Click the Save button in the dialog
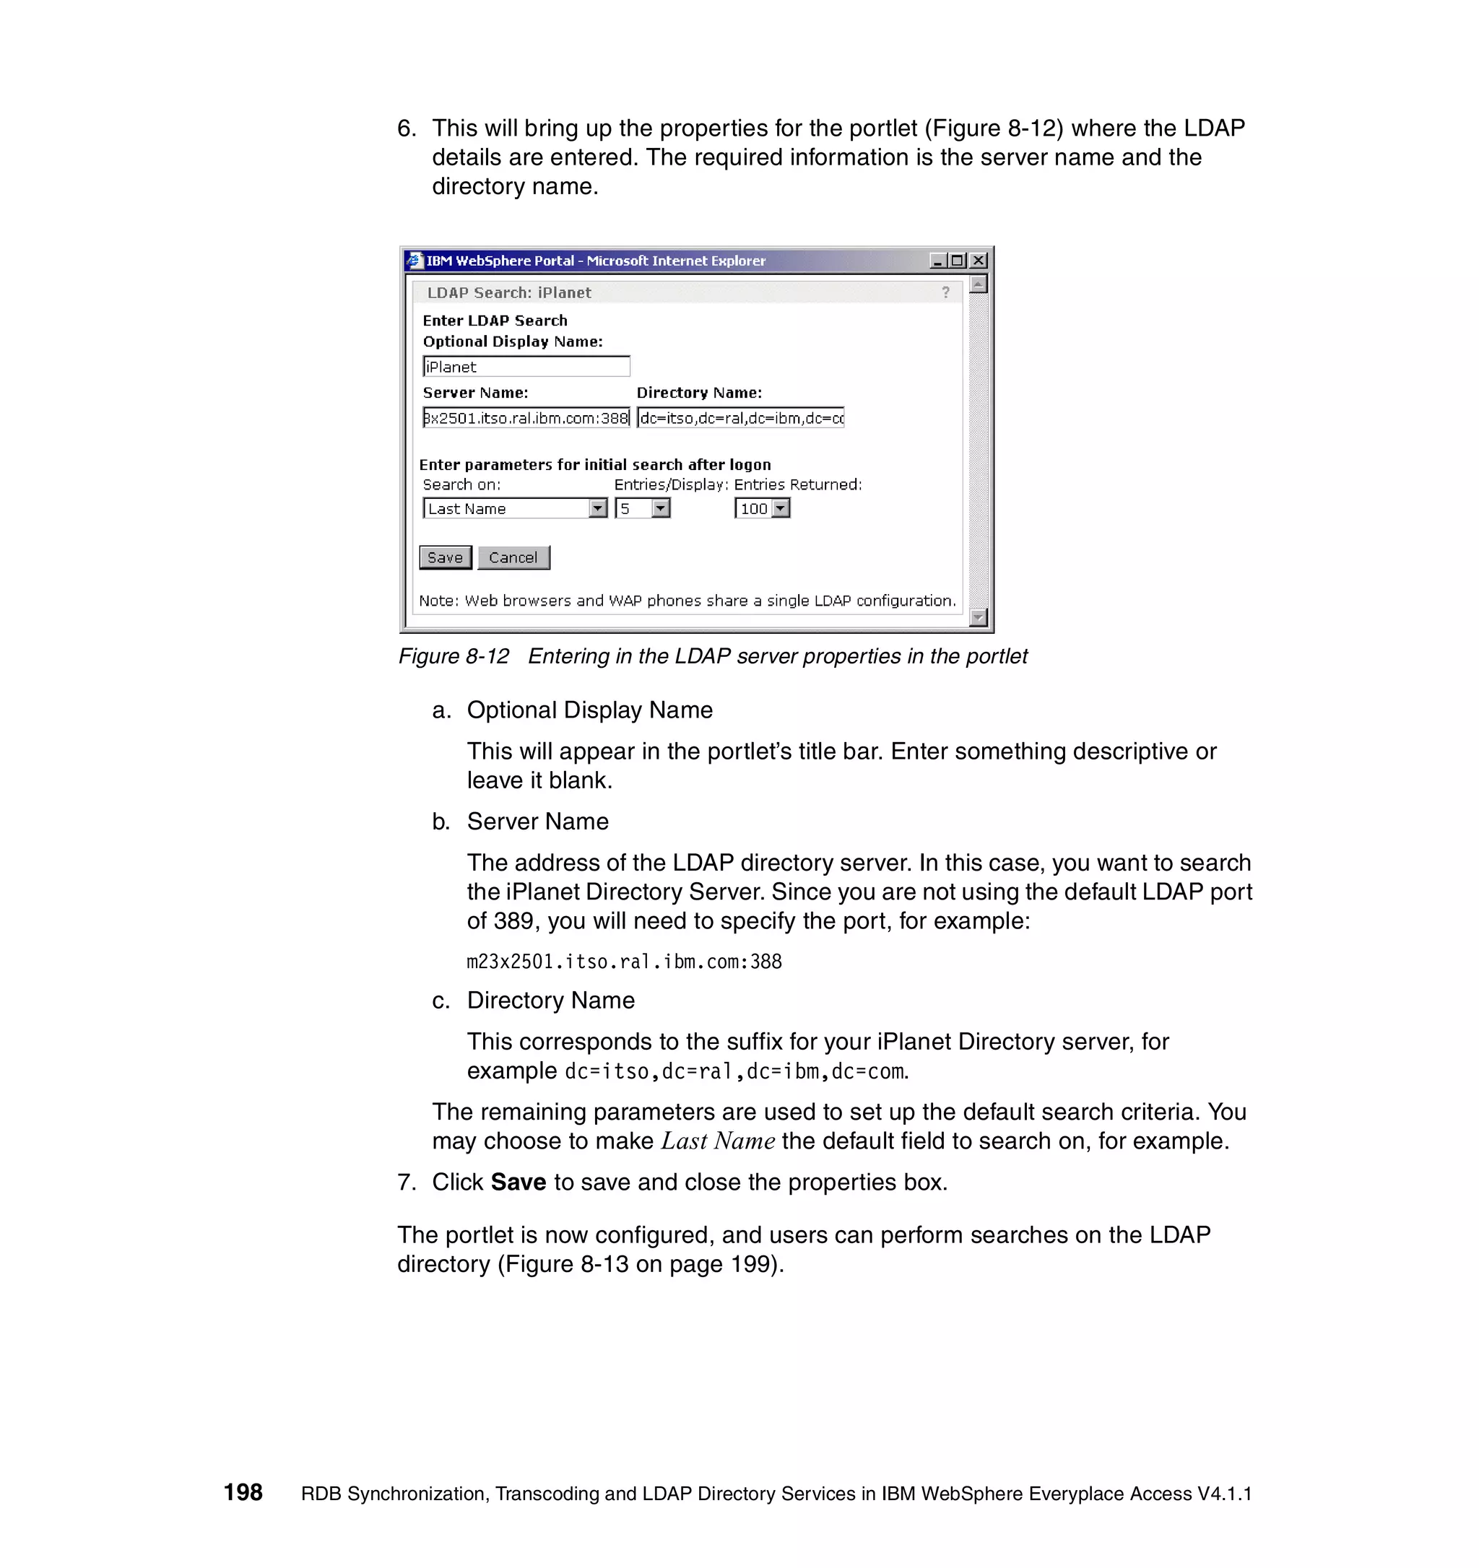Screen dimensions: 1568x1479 tap(445, 557)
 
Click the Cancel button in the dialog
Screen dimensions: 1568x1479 tap(513, 557)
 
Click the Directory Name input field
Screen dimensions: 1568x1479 tap(740, 418)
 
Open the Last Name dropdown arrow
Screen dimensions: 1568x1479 tap(598, 509)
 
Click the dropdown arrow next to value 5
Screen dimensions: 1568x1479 tap(661, 509)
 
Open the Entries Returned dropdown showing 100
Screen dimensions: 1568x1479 tap(780, 509)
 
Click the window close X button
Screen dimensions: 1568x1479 tap(978, 261)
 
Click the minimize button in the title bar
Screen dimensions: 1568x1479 tap(937, 261)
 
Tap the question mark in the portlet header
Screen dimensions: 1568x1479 tap(945, 292)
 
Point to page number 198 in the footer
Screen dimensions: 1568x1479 tap(243, 1492)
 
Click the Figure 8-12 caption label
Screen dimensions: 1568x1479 tap(454, 656)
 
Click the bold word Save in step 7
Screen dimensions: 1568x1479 tap(518, 1182)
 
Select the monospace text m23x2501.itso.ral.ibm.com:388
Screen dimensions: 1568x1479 tap(623, 962)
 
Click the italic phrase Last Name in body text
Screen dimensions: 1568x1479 tap(717, 1141)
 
